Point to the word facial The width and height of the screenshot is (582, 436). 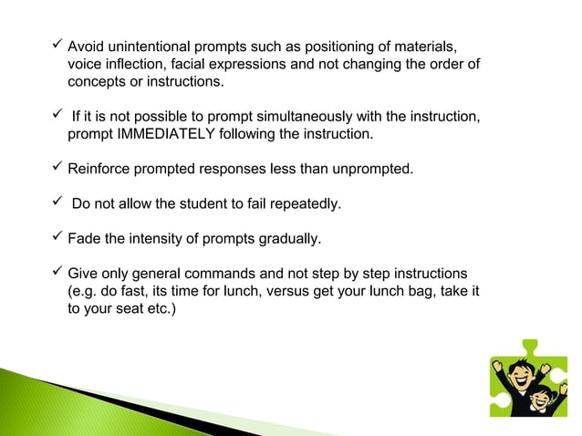[x=212, y=65]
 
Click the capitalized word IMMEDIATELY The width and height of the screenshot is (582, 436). [x=163, y=135]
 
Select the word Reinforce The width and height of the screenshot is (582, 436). [x=102, y=169]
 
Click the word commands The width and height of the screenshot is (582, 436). [x=225, y=274]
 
